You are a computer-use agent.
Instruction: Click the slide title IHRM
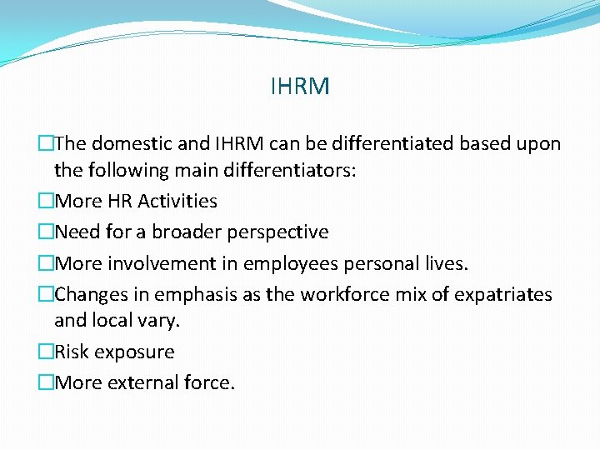click(x=300, y=86)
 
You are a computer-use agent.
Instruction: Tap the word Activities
click(x=177, y=201)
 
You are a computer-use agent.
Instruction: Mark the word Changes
click(x=89, y=294)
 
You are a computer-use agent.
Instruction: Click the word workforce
click(x=342, y=294)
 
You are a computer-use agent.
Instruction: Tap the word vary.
click(x=163, y=320)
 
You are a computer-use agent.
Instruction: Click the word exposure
click(x=134, y=352)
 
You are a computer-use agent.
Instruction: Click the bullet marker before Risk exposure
click(x=46, y=352)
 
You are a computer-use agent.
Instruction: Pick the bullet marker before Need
click(x=46, y=232)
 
